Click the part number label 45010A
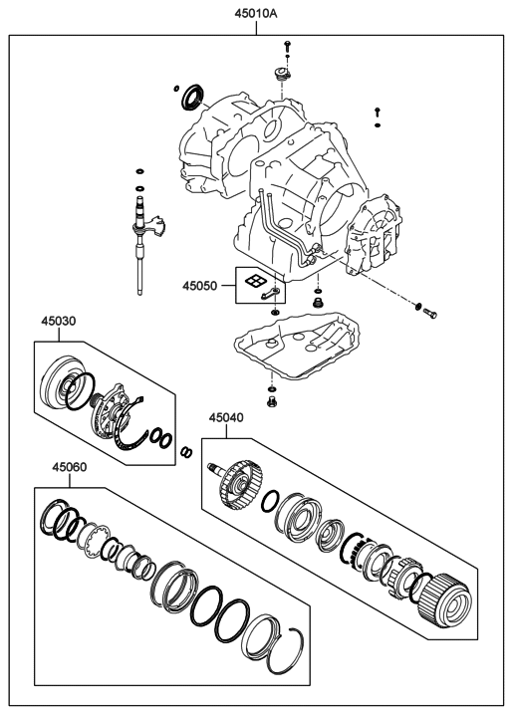(256, 14)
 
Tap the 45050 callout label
(200, 286)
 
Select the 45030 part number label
(59, 321)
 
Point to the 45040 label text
(226, 417)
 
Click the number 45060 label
(70, 467)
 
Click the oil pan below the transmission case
(297, 345)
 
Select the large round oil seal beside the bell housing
(193, 97)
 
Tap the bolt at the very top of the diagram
(287, 46)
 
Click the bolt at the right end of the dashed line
(429, 314)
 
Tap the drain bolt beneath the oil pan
(272, 401)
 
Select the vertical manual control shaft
(140, 245)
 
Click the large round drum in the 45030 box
(59, 384)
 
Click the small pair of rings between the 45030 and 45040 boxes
(186, 451)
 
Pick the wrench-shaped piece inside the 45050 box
(270, 294)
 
